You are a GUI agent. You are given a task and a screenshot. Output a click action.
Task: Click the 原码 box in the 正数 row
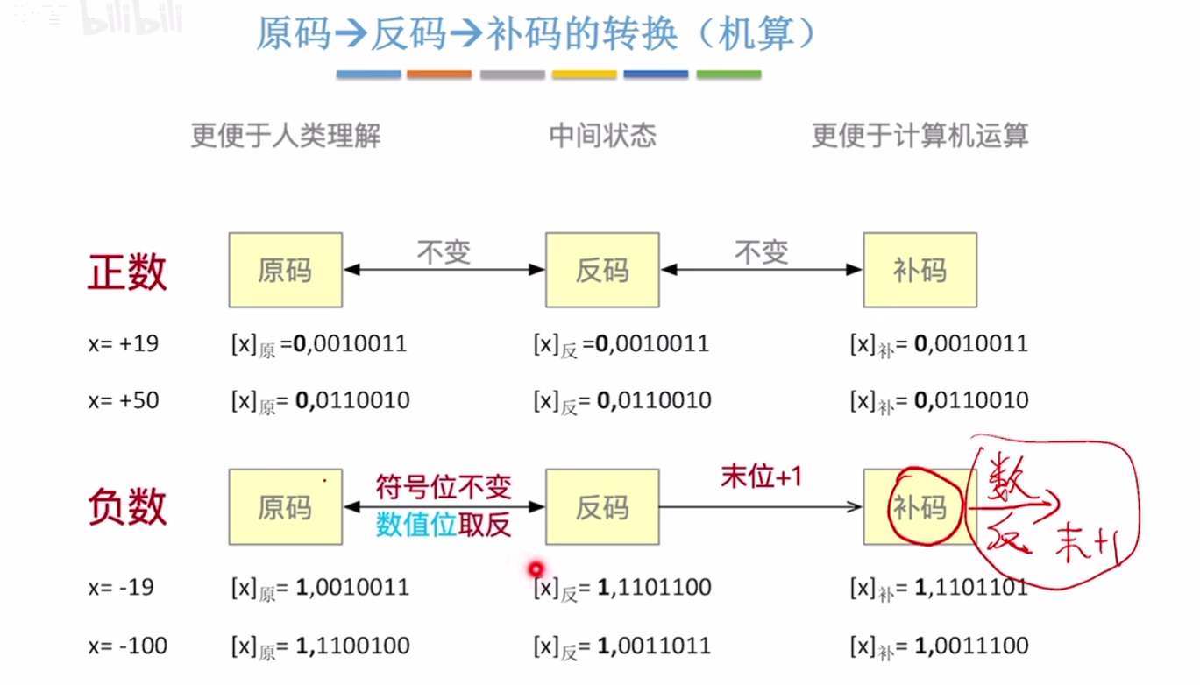[285, 270]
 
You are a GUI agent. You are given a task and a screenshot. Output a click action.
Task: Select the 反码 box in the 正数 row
[602, 270]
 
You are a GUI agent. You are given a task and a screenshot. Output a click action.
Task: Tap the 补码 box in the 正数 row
[920, 270]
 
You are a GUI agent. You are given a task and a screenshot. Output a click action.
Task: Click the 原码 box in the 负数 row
[285, 507]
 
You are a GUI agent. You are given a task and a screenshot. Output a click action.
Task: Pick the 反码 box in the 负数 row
[602, 507]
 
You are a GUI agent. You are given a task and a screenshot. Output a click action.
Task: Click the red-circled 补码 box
[920, 507]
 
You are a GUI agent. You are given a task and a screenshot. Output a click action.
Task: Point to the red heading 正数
[127, 272]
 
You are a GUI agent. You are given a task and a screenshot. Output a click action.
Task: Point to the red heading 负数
[127, 507]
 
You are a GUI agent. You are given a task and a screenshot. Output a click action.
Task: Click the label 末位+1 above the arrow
[761, 477]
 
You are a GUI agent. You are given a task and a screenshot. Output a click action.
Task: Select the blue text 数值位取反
[444, 524]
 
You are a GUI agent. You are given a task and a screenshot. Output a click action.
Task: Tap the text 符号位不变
[444, 487]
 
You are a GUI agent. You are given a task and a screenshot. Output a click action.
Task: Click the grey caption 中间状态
[602, 136]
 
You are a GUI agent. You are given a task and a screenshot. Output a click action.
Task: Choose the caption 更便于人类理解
[286, 136]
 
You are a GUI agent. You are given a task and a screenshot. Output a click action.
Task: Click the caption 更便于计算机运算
[920, 136]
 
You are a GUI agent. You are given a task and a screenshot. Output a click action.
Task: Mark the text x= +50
[124, 401]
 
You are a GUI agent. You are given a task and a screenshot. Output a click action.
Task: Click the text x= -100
[128, 646]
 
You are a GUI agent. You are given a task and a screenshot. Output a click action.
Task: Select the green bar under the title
[728, 74]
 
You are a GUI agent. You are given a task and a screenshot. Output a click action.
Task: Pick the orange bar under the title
[439, 74]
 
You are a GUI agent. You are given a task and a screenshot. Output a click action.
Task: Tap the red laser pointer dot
[536, 570]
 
